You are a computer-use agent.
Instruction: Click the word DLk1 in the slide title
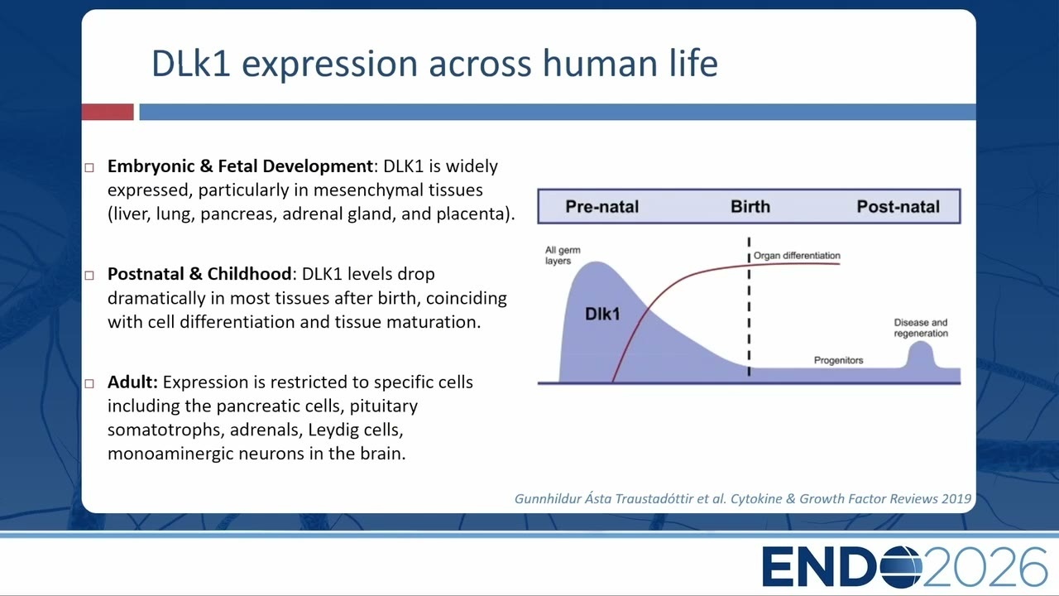pos(190,63)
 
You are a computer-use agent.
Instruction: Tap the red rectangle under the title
pos(108,112)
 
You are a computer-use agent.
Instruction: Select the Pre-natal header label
pos(601,207)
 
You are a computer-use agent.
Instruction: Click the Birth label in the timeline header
pos(750,207)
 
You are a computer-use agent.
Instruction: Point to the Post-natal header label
pos(898,207)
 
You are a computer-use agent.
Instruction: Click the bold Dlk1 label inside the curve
pos(602,314)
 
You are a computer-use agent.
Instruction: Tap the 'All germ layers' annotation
pos(563,256)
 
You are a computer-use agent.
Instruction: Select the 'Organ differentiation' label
pos(797,256)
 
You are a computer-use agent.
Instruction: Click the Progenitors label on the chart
pos(838,360)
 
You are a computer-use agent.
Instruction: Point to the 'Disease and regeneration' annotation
pos(921,328)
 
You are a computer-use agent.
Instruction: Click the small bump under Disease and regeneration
pos(921,356)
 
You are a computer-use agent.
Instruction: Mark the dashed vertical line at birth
pos(749,306)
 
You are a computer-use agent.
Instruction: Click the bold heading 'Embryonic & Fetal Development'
pos(240,166)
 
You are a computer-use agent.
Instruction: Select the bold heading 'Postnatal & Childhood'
pos(199,274)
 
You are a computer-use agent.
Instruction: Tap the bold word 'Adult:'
pos(132,382)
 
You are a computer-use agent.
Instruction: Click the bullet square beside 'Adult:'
pos(89,383)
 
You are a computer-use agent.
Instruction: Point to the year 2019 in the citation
pos(956,498)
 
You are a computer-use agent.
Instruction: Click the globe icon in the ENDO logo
pos(900,566)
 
